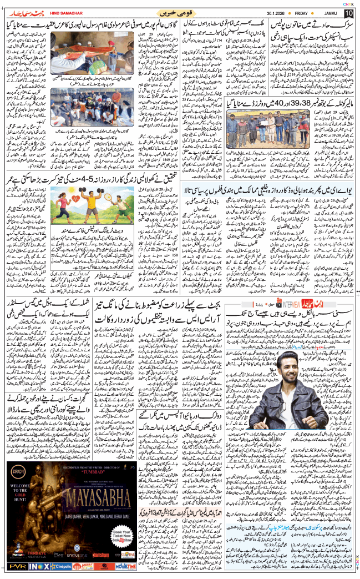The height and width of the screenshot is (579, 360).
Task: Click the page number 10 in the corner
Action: click(x=349, y=13)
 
